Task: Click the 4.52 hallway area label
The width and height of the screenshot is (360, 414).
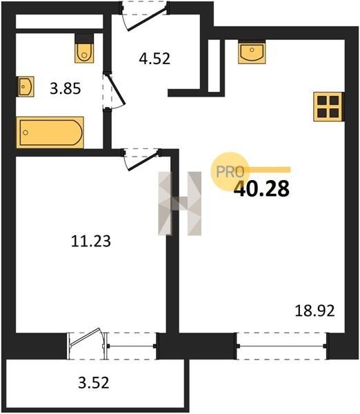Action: pyautogui.click(x=154, y=59)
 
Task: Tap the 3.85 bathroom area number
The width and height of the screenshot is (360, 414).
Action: pyautogui.click(x=66, y=88)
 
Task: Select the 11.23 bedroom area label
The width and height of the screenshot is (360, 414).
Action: pyautogui.click(x=91, y=241)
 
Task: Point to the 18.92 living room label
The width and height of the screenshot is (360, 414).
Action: pyautogui.click(x=314, y=310)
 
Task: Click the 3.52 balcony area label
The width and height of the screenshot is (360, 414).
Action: pyautogui.click(x=93, y=383)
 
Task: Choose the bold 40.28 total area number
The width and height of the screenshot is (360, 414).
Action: pyautogui.click(x=261, y=189)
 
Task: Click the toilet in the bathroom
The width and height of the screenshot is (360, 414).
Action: pyautogui.click(x=84, y=48)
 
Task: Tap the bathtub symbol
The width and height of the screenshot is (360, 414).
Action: pyautogui.click(x=50, y=132)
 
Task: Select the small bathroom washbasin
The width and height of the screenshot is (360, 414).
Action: pyautogui.click(x=25, y=86)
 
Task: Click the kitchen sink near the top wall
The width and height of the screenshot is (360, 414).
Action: pyautogui.click(x=252, y=52)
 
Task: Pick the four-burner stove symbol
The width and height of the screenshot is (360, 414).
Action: pyautogui.click(x=328, y=107)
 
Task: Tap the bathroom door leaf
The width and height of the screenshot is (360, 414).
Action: pyautogui.click(x=116, y=89)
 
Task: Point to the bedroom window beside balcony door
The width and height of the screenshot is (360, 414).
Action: pyautogui.click(x=132, y=346)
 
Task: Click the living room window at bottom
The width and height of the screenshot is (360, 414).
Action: pyautogui.click(x=282, y=346)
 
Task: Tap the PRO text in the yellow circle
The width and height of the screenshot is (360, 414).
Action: pyautogui.click(x=230, y=172)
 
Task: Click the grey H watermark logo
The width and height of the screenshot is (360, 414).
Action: pyautogui.click(x=180, y=204)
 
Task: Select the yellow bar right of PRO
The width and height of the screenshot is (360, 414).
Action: pyautogui.click(x=267, y=170)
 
